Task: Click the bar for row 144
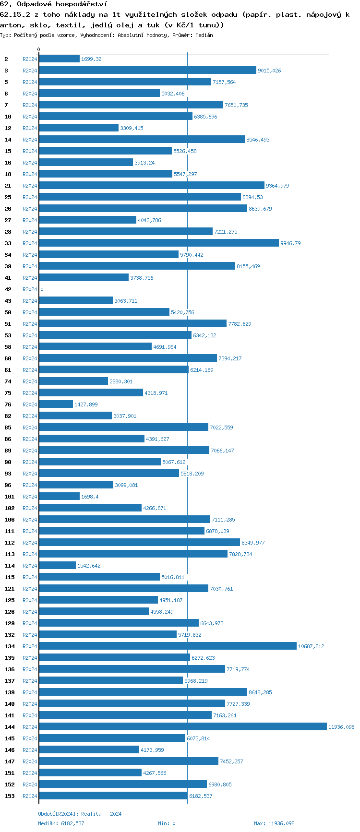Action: (183, 727)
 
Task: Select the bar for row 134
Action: (168, 646)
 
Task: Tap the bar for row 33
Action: (159, 243)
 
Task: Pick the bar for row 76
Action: (56, 404)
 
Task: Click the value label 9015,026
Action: (269, 71)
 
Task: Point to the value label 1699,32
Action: (91, 59)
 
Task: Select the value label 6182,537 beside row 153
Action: (201, 796)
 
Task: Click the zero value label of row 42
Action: (42, 289)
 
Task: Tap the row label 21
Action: (8, 186)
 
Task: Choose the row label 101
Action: (10, 497)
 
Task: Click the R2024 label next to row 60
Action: (30, 358)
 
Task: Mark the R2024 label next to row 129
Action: (30, 623)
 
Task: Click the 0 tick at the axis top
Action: (39, 50)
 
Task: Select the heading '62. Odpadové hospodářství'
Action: (53, 4)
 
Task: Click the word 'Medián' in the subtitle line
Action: (204, 35)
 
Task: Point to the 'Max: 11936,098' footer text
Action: (274, 823)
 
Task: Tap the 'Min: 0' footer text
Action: (167, 823)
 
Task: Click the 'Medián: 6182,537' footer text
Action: (61, 823)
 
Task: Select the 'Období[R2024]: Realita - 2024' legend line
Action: (80, 814)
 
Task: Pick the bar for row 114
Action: (58, 566)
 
